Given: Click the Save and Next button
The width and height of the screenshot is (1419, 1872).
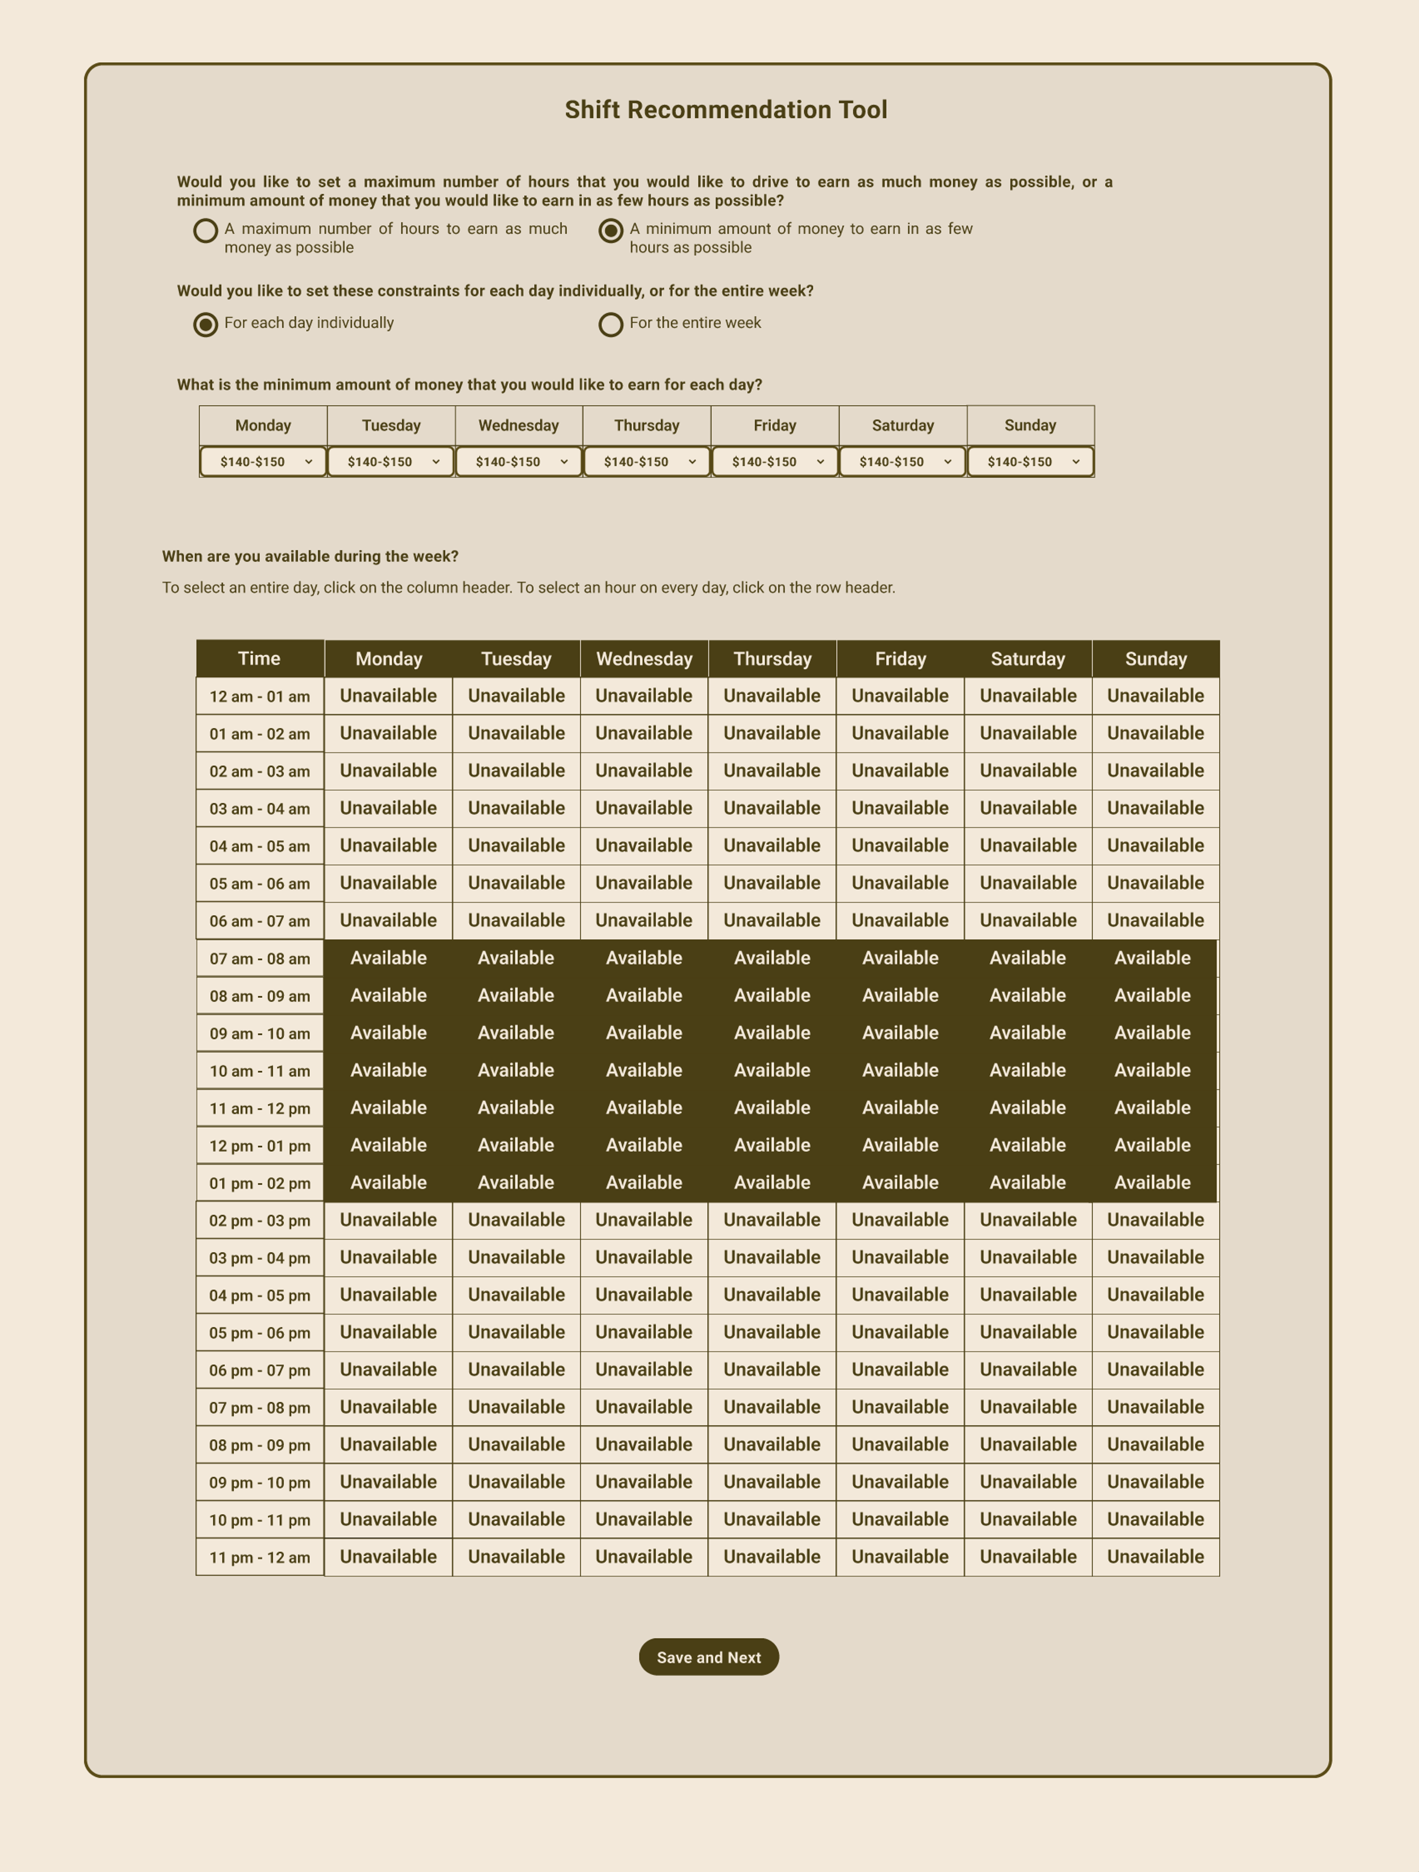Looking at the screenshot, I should tap(708, 1657).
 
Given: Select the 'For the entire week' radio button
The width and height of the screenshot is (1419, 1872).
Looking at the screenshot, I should tap(610, 324).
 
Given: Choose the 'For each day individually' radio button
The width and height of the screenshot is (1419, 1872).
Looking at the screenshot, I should tap(206, 324).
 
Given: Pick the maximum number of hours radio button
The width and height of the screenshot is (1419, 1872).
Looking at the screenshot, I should tap(206, 230).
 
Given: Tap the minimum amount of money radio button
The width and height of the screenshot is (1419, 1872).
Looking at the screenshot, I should tap(610, 230).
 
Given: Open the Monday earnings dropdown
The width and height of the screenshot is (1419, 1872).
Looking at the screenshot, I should tap(263, 461).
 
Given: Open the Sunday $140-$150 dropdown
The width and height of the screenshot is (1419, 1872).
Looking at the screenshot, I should tap(1030, 461).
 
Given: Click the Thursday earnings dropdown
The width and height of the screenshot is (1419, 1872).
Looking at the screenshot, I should tap(647, 461).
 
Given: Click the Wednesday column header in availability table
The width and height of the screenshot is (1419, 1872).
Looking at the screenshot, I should tap(645, 659).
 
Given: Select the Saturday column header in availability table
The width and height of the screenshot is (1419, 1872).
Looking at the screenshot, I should tap(1028, 659).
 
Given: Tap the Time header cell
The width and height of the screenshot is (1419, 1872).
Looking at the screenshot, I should tap(259, 659).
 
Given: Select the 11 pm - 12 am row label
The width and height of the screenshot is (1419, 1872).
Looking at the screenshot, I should tap(259, 1557).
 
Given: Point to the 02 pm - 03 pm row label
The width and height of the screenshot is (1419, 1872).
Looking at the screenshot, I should tap(259, 1220).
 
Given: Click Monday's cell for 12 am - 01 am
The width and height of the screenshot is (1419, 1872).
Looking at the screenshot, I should tap(389, 696).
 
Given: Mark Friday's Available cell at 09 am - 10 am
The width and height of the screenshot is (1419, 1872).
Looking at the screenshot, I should tap(900, 1032).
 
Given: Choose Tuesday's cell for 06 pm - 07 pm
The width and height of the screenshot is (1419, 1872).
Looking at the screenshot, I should tap(517, 1369).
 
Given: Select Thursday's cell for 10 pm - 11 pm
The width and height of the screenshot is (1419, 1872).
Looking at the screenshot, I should tap(772, 1519).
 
